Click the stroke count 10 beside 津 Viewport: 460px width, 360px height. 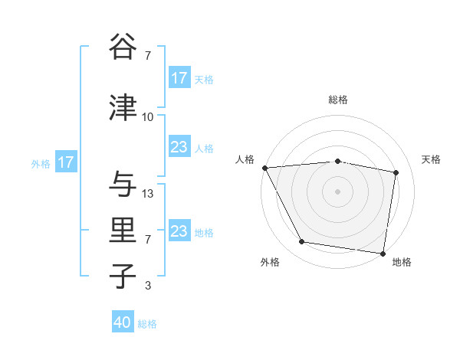pyautogui.click(x=147, y=117)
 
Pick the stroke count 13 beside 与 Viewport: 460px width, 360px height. pyautogui.click(x=148, y=194)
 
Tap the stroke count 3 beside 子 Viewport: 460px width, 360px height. pyautogui.click(x=147, y=286)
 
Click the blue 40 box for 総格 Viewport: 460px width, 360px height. pyautogui.click(x=123, y=322)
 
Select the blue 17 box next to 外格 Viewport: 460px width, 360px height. pyautogui.click(x=66, y=162)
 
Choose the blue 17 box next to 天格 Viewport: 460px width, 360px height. pyautogui.click(x=179, y=78)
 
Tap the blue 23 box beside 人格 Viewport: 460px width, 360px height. pyautogui.click(x=179, y=147)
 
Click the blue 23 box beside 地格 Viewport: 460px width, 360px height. pyautogui.click(x=179, y=231)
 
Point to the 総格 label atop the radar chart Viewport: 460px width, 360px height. pyautogui.click(x=338, y=100)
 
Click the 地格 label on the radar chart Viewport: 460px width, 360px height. pyautogui.click(x=402, y=262)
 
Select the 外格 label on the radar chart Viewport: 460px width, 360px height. pyautogui.click(x=270, y=262)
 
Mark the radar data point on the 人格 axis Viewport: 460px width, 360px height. pyautogui.click(x=264, y=168)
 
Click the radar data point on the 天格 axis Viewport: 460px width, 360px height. pyautogui.click(x=396, y=172)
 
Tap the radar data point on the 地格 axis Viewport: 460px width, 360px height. pyautogui.click(x=383, y=253)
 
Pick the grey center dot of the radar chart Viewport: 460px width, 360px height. pyautogui.click(x=338, y=191)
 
